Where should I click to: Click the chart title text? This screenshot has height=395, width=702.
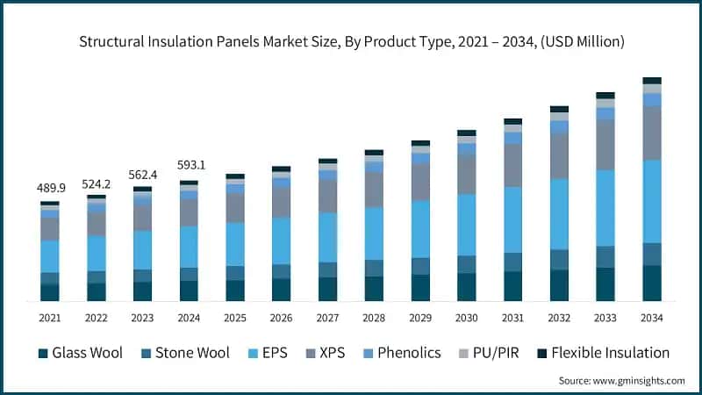351,40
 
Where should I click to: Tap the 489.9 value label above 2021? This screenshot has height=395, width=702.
49,188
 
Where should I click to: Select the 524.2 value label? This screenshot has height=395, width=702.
96,183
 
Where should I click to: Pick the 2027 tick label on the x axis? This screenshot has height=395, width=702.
328,317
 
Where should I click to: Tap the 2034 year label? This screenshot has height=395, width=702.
652,317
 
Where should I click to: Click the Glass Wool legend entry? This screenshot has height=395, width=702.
80,353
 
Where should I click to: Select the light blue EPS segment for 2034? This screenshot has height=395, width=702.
652,201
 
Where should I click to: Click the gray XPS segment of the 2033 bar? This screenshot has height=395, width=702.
605,145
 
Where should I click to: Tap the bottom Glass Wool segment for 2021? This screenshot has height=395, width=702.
49,292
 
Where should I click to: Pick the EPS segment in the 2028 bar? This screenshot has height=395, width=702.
375,233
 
